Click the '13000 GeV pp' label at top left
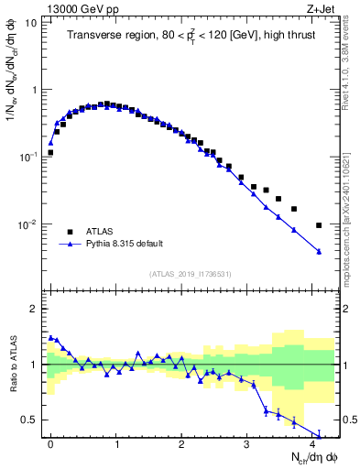[80, 9]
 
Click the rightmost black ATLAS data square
[319, 225]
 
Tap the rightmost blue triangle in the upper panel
[319, 252]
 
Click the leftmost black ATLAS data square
[50, 153]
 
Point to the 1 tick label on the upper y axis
[35, 90]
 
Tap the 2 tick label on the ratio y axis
[35, 310]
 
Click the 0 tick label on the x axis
[50, 443]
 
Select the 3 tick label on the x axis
[247, 443]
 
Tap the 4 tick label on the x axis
[312, 443]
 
